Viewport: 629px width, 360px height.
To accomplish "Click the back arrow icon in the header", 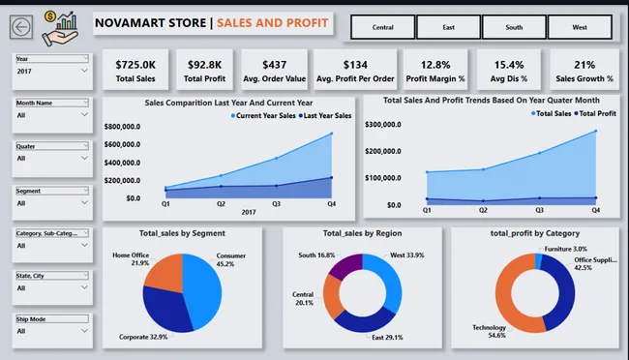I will [x=22, y=29].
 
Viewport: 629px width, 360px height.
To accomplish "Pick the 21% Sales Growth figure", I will [x=584, y=65].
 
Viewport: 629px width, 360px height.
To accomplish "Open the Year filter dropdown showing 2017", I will [x=52, y=71].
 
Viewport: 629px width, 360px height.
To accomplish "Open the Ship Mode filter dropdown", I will [x=52, y=330].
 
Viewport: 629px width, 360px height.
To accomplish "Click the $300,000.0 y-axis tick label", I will [x=392, y=125].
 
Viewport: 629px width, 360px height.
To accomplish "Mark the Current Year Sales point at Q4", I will [x=332, y=134].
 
